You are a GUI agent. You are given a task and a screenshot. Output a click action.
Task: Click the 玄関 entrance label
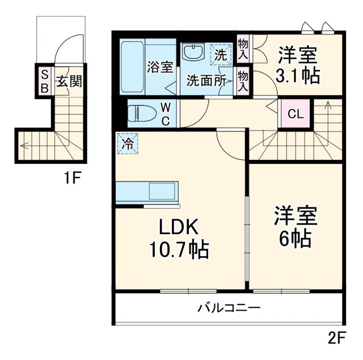pos(68,81)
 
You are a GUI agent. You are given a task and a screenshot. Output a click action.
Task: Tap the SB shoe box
pos(43,81)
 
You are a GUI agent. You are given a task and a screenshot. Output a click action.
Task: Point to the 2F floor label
pos(336,338)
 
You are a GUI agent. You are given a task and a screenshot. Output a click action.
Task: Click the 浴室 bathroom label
pos(160,67)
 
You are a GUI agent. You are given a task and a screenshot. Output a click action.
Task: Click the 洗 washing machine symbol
pos(221,54)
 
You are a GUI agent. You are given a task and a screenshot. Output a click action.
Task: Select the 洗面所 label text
pos(205,80)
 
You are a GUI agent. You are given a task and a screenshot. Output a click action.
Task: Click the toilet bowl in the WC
pos(140,113)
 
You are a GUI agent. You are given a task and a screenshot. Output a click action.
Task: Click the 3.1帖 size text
pos(297,75)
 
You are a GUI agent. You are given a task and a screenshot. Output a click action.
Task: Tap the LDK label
pos(178,228)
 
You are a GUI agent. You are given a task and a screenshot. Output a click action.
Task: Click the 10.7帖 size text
pos(178,249)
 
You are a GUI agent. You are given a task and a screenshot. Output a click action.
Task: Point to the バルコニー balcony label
pos(229,308)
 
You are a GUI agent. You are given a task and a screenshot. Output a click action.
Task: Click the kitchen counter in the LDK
pos(147,192)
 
